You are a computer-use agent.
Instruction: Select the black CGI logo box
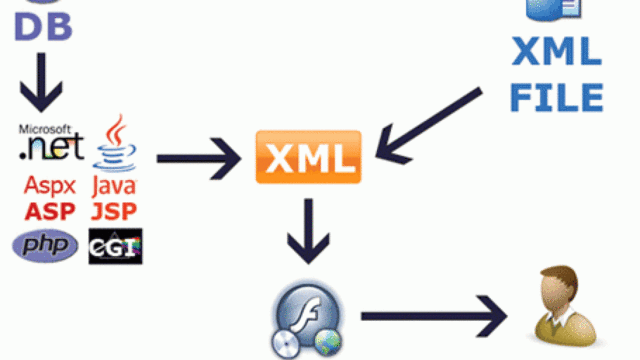115,246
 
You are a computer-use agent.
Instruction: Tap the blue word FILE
557,96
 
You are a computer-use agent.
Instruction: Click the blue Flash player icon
309,321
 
